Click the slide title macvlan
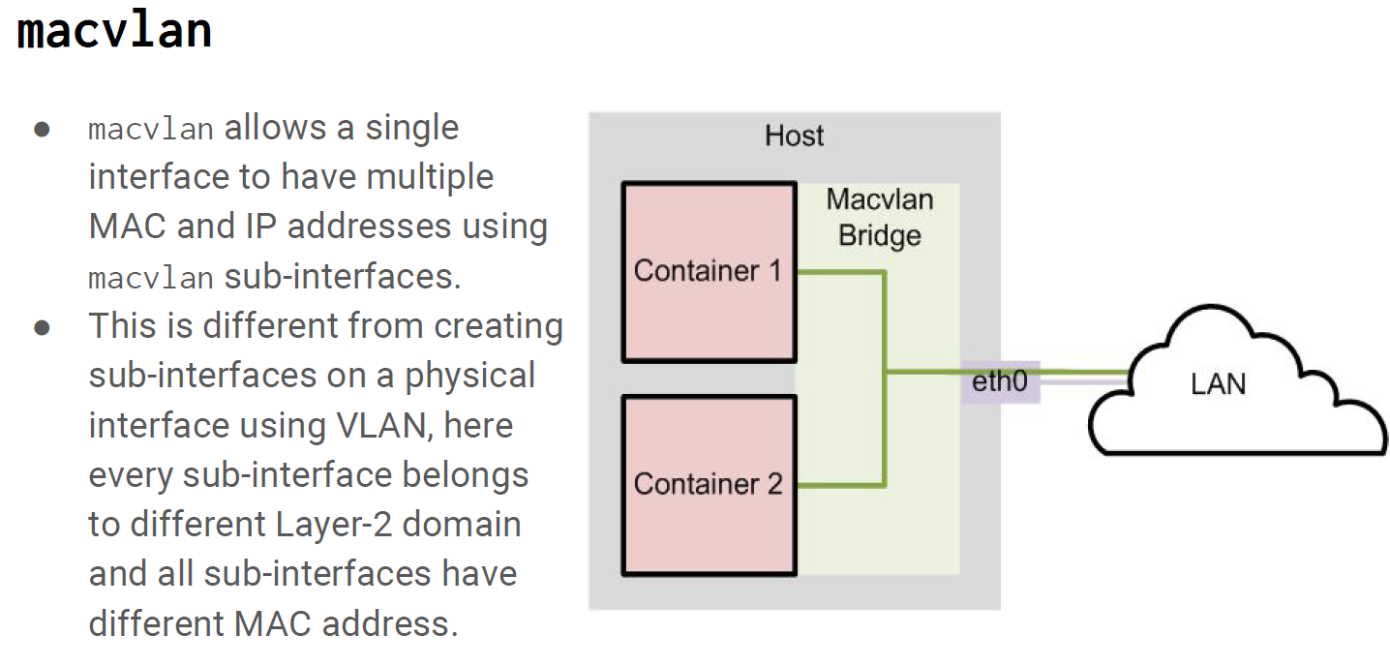(114, 31)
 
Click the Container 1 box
(708, 272)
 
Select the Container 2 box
(708, 484)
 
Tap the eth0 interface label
(999, 382)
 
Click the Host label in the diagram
(794, 136)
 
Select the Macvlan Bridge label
(879, 218)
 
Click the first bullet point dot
(42, 130)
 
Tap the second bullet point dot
(42, 327)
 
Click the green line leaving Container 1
(839, 273)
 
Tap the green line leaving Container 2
(839, 484)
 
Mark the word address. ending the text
(389, 623)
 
